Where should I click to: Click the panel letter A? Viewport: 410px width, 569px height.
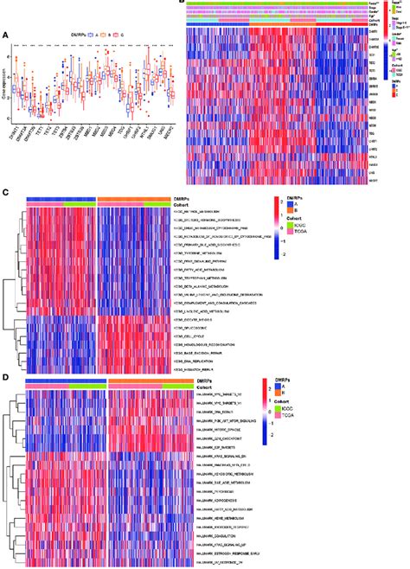click(7, 35)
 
